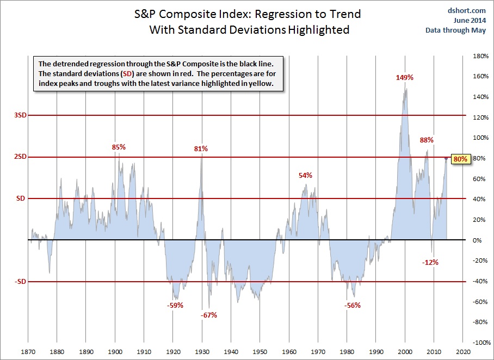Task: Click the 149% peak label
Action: point(405,77)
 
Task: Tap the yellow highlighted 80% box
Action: point(460,159)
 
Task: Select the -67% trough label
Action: point(208,315)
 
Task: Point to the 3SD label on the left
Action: point(20,115)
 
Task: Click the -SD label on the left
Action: point(20,282)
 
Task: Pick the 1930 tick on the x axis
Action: point(202,352)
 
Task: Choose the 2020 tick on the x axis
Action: point(462,352)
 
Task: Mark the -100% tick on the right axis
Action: point(481,343)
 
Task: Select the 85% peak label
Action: point(119,147)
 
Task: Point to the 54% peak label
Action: point(305,175)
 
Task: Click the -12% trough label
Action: point(430,262)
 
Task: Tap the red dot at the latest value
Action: point(447,159)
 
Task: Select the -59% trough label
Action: point(175,305)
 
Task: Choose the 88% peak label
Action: point(427,140)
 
